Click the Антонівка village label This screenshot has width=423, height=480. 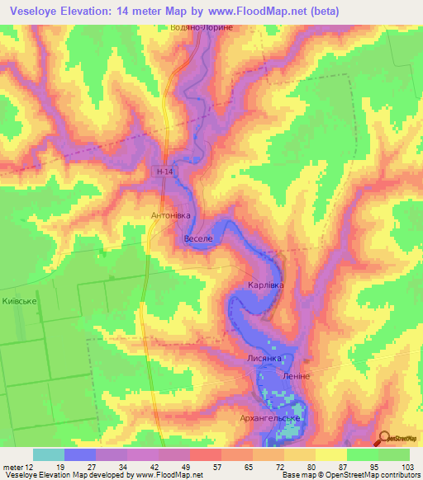(x=171, y=215)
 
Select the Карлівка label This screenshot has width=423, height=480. (x=265, y=285)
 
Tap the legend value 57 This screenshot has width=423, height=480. (x=216, y=466)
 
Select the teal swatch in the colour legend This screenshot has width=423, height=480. (x=48, y=454)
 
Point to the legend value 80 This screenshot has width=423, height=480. (x=310, y=466)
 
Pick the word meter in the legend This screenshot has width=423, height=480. (x=12, y=466)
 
